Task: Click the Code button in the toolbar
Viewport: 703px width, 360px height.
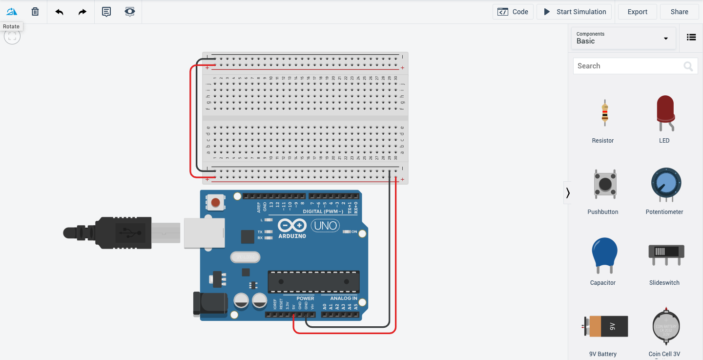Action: (513, 12)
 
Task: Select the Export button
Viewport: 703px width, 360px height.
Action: (637, 12)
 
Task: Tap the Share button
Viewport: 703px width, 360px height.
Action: (679, 12)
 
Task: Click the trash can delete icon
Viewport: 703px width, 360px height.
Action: (35, 12)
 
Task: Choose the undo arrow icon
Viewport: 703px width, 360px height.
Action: (60, 12)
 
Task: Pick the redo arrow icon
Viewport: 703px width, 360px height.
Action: (83, 12)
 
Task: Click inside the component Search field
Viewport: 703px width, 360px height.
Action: (627, 66)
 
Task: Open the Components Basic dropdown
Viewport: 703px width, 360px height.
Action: (623, 38)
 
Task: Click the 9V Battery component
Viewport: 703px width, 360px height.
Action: (605, 326)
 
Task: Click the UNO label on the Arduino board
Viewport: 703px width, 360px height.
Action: (326, 226)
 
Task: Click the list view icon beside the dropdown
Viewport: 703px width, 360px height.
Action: (691, 37)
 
